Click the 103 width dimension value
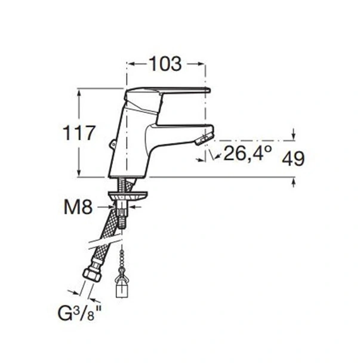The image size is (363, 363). [165, 64]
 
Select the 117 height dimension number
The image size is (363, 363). [79, 133]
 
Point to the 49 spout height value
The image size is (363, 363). [293, 159]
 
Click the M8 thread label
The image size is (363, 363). [78, 207]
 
